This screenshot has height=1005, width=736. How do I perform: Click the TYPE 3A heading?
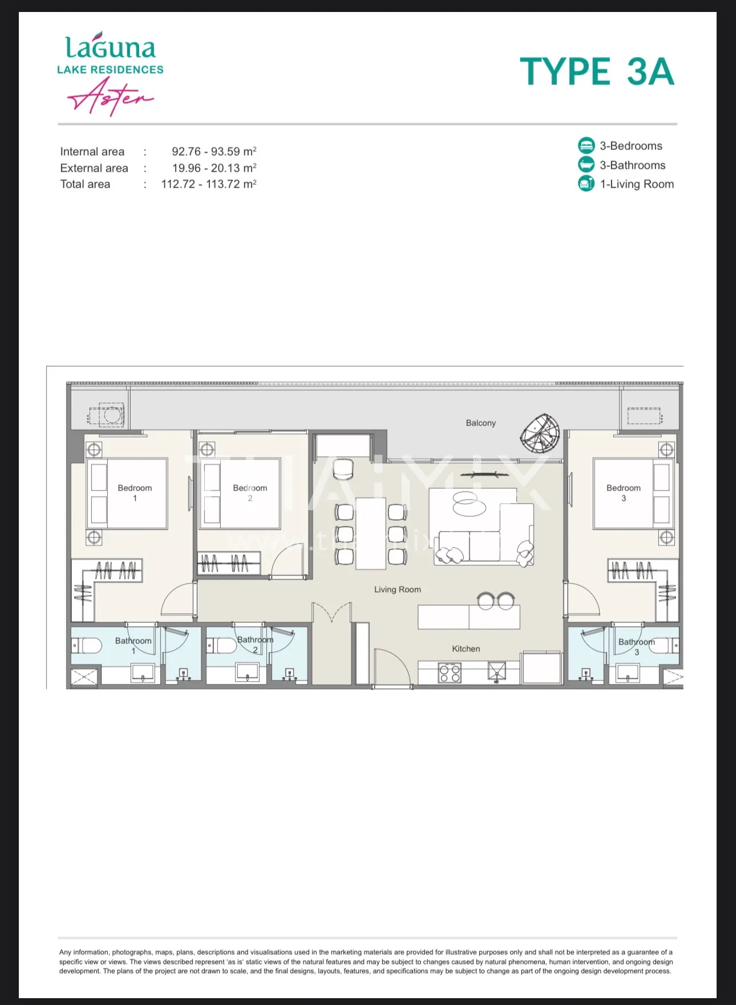(597, 71)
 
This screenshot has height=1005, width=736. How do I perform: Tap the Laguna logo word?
(110, 47)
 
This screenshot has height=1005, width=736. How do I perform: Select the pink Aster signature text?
(111, 97)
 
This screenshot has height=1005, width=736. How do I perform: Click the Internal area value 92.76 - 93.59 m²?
(214, 152)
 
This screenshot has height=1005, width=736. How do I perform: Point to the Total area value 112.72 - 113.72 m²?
(209, 184)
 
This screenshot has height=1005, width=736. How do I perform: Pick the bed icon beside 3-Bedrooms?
(586, 145)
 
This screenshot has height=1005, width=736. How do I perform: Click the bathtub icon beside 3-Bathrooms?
(586, 165)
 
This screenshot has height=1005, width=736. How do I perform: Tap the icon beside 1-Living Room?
(586, 184)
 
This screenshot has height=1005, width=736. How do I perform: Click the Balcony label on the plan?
(480, 423)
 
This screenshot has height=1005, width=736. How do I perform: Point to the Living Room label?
(398, 590)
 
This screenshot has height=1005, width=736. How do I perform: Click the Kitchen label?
(466, 649)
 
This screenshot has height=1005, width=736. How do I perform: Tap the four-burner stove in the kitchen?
(450, 672)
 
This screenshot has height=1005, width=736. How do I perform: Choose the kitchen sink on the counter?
(497, 672)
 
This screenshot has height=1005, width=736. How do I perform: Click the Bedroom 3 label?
(624, 493)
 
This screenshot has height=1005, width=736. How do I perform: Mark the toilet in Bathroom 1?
(88, 646)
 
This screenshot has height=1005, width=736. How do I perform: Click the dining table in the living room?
(371, 533)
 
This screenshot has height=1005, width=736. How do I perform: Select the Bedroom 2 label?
(250, 493)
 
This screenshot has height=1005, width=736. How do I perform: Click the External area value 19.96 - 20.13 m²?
(215, 168)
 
